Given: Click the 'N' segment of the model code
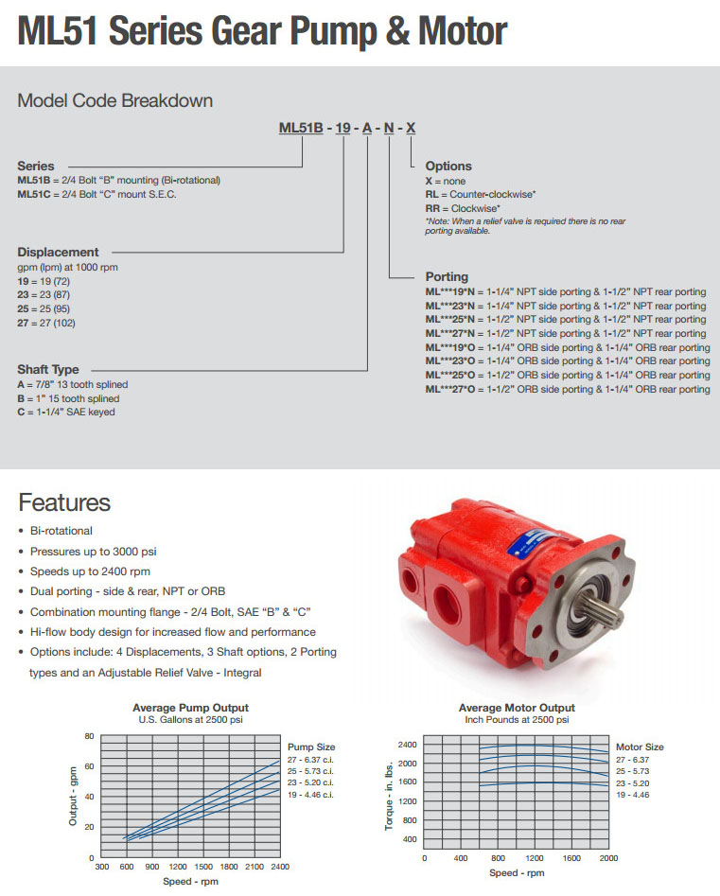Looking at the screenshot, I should [389, 129].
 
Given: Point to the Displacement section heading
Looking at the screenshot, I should [58, 253].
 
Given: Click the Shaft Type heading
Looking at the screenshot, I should [48, 370].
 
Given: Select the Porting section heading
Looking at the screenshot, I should [447, 277].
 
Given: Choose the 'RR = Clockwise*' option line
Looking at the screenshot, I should [464, 207].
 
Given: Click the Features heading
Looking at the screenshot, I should [64, 502].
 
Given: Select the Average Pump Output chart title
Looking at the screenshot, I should [190, 708].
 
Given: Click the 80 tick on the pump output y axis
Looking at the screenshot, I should [89, 736].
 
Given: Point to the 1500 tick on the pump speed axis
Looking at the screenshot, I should [202, 866].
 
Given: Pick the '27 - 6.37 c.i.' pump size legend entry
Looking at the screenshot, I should [311, 760].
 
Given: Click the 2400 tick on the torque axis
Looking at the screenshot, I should [408, 745].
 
